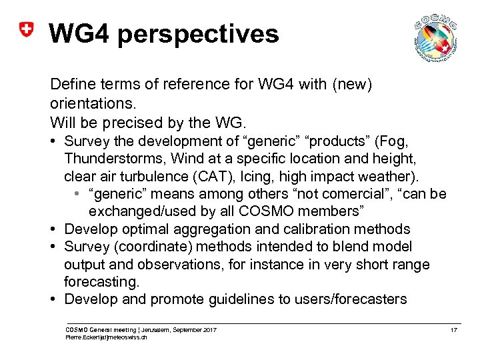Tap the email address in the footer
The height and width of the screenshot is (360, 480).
click(x=105, y=338)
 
